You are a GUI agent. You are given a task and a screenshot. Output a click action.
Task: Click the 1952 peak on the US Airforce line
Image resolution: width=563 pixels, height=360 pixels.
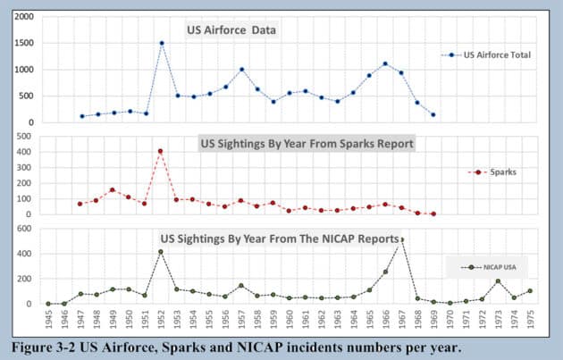click(162, 43)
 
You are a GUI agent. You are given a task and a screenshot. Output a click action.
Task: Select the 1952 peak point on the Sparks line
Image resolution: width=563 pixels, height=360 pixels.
click(162, 151)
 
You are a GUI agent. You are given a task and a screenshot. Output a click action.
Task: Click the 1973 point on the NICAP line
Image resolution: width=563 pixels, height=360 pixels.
click(498, 281)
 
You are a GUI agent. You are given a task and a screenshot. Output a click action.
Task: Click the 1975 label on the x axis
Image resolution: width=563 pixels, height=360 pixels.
click(530, 320)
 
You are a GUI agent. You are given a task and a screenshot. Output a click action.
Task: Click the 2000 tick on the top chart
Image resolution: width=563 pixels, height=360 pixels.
click(25, 18)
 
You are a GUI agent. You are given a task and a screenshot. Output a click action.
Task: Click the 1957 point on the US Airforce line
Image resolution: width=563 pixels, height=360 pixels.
click(241, 70)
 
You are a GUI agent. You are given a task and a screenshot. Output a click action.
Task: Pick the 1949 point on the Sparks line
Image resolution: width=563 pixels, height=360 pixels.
click(113, 189)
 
